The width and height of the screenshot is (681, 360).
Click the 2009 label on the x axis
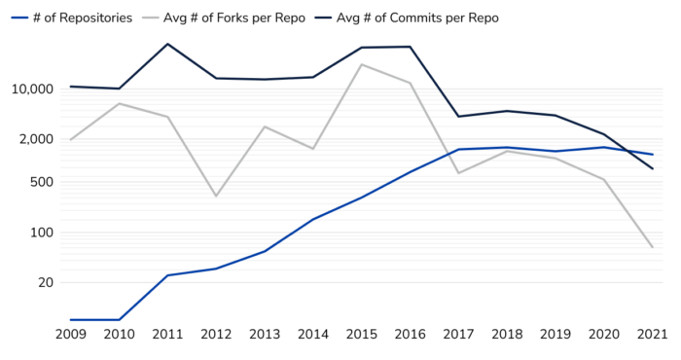(71, 335)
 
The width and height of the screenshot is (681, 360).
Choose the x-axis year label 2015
(361, 335)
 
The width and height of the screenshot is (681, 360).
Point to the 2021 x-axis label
(652, 335)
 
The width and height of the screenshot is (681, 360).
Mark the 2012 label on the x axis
(216, 335)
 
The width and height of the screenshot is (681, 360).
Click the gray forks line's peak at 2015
(361, 64)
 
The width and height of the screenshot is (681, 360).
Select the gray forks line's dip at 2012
(216, 196)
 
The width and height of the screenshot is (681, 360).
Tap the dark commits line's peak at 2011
(168, 44)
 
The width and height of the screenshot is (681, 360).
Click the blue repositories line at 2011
(168, 275)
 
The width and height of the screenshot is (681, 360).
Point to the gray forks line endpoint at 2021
(652, 247)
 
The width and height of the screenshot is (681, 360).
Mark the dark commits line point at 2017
(458, 117)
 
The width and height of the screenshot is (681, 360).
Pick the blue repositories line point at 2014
(313, 220)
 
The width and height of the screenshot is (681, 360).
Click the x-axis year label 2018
(506, 335)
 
